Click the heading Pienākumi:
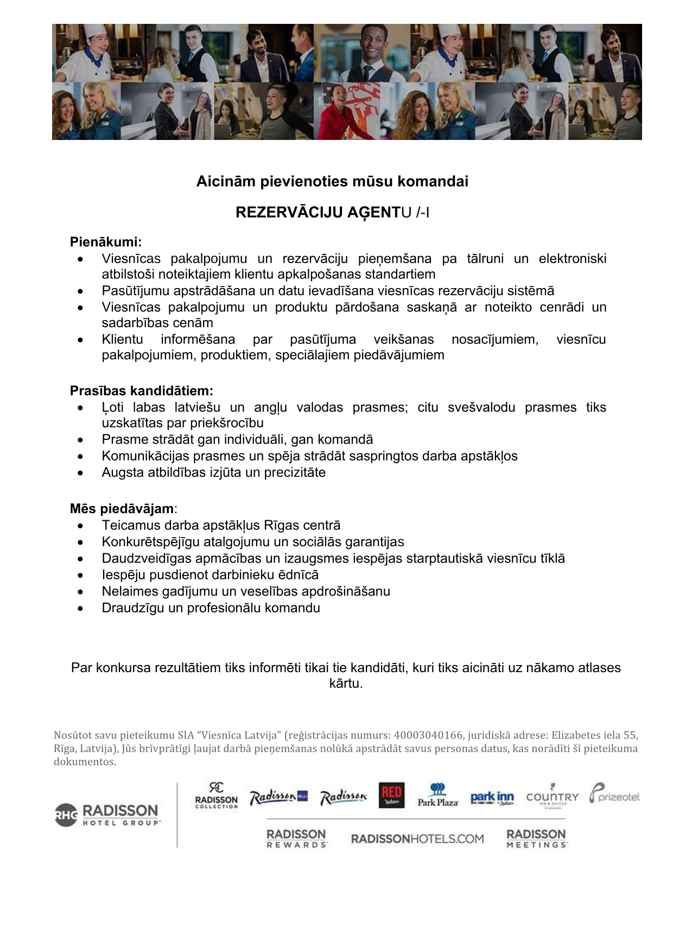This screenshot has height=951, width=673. tap(106, 242)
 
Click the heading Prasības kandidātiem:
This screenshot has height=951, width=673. tap(142, 391)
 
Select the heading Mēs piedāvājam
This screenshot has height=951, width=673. tap(122, 509)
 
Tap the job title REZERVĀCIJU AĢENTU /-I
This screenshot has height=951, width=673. tap(332, 213)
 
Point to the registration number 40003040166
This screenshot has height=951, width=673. tap(428, 736)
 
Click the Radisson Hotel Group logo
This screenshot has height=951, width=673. tap(107, 815)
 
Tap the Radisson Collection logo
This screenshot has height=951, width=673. tap(217, 796)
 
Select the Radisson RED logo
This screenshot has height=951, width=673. tap(391, 796)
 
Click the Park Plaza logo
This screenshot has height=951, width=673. tap(438, 796)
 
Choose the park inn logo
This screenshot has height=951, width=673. tap(492, 797)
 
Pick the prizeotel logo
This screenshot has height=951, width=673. tap(614, 795)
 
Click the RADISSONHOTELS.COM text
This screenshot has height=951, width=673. tap(417, 839)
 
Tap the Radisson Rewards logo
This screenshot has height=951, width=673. tap(296, 838)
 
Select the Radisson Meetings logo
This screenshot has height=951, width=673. tap(536, 838)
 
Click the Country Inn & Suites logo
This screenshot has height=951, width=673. tap(552, 796)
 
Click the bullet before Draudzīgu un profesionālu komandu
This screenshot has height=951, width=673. tap(81, 608)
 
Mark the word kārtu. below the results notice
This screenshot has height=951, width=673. tap(346, 684)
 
